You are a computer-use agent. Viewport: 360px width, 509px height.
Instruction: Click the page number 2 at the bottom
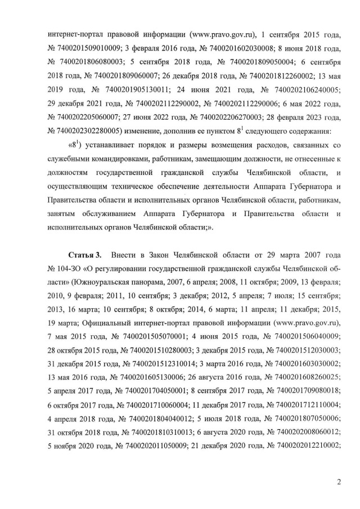[339, 481]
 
